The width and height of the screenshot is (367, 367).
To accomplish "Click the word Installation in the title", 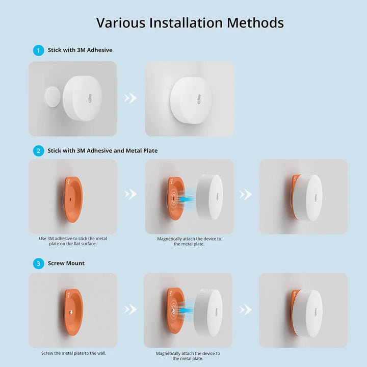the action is (x=186, y=23).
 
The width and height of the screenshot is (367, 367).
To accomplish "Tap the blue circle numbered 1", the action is (x=39, y=50).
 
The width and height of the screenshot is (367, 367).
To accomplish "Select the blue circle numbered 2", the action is (x=39, y=151).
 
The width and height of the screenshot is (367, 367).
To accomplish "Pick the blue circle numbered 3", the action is (x=39, y=264).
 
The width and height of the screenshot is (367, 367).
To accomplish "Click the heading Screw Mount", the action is (x=66, y=264).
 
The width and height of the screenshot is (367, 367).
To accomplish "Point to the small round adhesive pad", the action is (x=53, y=97).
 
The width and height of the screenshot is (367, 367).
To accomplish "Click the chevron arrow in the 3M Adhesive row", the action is (x=130, y=98).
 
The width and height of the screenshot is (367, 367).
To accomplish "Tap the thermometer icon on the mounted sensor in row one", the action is (x=199, y=99).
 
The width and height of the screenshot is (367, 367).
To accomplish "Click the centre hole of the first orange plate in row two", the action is (x=70, y=199).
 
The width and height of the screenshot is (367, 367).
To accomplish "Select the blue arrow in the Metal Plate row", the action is (x=187, y=199).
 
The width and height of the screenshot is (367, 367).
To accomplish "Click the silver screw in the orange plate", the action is (x=71, y=312).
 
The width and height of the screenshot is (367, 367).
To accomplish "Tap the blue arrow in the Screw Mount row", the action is (x=186, y=311).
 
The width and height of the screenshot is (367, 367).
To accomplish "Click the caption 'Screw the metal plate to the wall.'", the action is (x=74, y=353).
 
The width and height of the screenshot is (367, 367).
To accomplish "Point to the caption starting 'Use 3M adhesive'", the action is (x=73, y=241).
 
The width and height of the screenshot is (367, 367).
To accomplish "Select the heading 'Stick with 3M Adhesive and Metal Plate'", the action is (x=102, y=151).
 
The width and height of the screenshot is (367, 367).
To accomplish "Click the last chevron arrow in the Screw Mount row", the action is (x=246, y=310).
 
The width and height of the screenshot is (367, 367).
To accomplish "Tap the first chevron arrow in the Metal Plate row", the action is (x=130, y=194).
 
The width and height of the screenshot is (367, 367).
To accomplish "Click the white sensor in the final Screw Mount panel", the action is (x=307, y=313).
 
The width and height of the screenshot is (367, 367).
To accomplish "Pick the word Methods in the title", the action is (x=255, y=23).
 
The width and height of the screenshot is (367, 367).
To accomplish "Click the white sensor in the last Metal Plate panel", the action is (x=308, y=198).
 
